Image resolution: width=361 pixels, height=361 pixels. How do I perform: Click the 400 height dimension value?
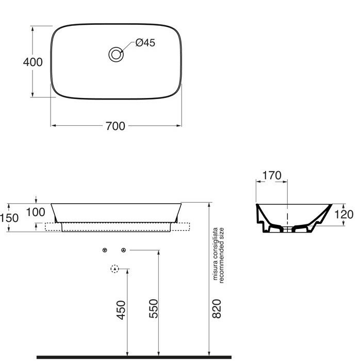coord(33,62)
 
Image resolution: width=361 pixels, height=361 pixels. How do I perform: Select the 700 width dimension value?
coord(115,126)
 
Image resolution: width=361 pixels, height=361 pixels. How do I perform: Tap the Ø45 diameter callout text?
coord(145,43)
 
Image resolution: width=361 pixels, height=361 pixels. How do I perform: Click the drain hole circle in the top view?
coord(116,54)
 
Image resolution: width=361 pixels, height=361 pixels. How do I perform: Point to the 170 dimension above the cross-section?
coord(271,175)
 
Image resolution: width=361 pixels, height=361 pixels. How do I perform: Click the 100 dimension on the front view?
coord(50,212)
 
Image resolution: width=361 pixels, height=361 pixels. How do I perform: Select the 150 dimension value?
coord(9,218)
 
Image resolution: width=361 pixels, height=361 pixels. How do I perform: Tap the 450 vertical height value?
coord(121,309)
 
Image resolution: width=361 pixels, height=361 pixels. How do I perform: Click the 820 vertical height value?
coord(217,308)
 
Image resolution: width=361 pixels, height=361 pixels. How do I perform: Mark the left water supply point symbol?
coord(105,250)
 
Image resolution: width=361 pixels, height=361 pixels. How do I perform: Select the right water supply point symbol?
coord(123,250)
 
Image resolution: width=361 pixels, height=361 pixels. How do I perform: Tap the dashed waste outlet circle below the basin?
coord(115,268)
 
